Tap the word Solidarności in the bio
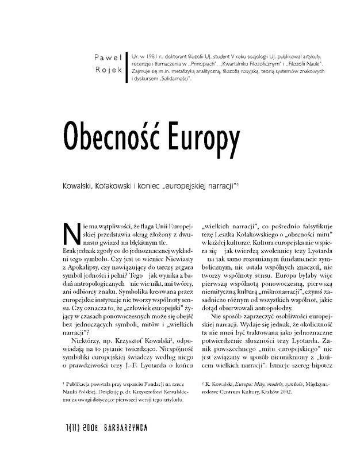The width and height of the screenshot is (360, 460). [171, 77]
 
